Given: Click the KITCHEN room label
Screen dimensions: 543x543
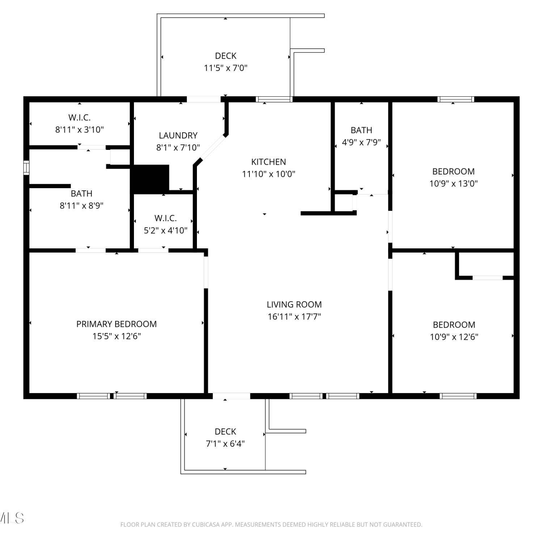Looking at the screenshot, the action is pos(269,162).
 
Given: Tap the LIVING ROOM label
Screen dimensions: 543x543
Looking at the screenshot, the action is pos(294,304).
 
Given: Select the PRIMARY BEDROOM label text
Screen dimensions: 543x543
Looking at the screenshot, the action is pos(117,324).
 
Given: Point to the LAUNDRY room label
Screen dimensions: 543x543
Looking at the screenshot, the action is pos(178,135).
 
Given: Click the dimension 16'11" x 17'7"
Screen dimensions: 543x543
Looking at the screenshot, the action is pos(294,317).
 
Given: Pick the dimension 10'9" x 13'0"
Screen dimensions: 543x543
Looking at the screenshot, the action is pos(454,184).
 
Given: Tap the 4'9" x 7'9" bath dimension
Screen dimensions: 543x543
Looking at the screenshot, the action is pos(361,142).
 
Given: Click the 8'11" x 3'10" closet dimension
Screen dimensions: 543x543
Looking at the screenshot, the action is pos(80,130).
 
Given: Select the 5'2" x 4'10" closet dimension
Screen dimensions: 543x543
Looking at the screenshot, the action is pos(166,230).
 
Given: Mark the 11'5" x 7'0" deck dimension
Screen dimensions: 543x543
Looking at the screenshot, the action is pos(226,68).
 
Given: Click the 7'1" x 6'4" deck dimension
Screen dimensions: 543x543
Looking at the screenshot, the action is pos(226,444).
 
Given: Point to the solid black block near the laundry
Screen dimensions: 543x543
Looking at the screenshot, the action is pos(150,179).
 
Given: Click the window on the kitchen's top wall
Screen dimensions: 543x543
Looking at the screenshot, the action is pos(274,99).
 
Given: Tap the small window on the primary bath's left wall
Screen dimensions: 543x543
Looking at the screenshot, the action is pos(26,168).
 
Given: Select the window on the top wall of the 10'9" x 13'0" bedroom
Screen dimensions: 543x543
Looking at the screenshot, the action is pos(456,99).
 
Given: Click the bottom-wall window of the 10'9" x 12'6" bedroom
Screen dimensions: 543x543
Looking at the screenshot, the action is pos(458,396).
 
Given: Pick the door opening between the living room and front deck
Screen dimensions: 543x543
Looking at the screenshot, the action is pos(231,396).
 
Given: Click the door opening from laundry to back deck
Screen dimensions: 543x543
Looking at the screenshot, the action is pos(204,99).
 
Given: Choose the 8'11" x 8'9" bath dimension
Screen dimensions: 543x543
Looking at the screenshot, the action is pos(81,206).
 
